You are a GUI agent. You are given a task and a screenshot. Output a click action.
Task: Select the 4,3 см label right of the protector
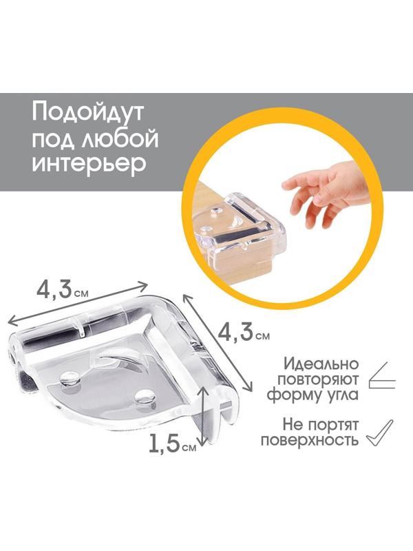point(242,334)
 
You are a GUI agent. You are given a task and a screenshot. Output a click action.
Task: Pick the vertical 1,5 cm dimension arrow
point(203,417)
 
